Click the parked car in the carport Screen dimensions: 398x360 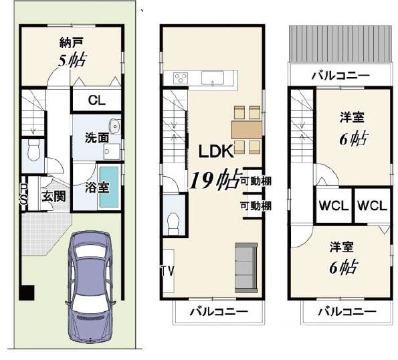90,287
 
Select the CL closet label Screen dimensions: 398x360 97,100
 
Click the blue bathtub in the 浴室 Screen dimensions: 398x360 109,187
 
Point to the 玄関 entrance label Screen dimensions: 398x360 54,196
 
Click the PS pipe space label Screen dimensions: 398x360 23,194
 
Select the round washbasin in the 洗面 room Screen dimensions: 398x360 114,126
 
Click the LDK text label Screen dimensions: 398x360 216,151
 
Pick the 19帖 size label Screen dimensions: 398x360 215,179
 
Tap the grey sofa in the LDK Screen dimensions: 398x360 246,268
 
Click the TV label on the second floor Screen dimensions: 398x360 167,271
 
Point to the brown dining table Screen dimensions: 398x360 246,130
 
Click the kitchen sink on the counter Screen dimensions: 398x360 213,78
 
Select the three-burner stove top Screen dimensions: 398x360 181,78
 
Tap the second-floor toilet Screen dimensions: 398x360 174,223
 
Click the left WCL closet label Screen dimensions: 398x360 334,205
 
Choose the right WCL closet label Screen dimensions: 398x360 372,205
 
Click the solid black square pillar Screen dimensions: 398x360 27,292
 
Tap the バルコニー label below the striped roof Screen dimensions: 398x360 340,76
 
